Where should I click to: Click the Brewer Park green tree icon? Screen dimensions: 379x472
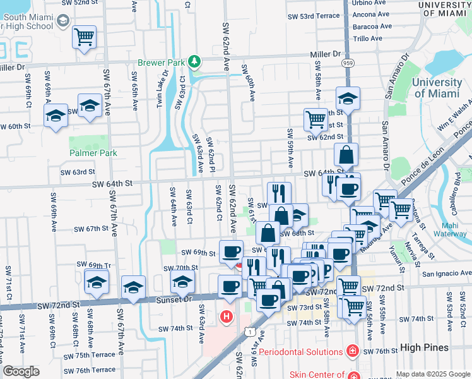pos(196,61)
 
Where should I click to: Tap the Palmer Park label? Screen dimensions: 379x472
pos(93,153)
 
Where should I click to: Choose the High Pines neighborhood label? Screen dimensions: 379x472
pos(426,347)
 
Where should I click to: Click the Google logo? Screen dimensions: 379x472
pos(21,371)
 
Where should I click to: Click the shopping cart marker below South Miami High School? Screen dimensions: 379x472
pos(84,37)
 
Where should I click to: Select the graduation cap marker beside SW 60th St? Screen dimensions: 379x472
pos(56,116)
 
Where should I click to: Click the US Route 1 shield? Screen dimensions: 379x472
pos(251,331)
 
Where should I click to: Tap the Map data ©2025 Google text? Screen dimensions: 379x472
pos(432,373)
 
